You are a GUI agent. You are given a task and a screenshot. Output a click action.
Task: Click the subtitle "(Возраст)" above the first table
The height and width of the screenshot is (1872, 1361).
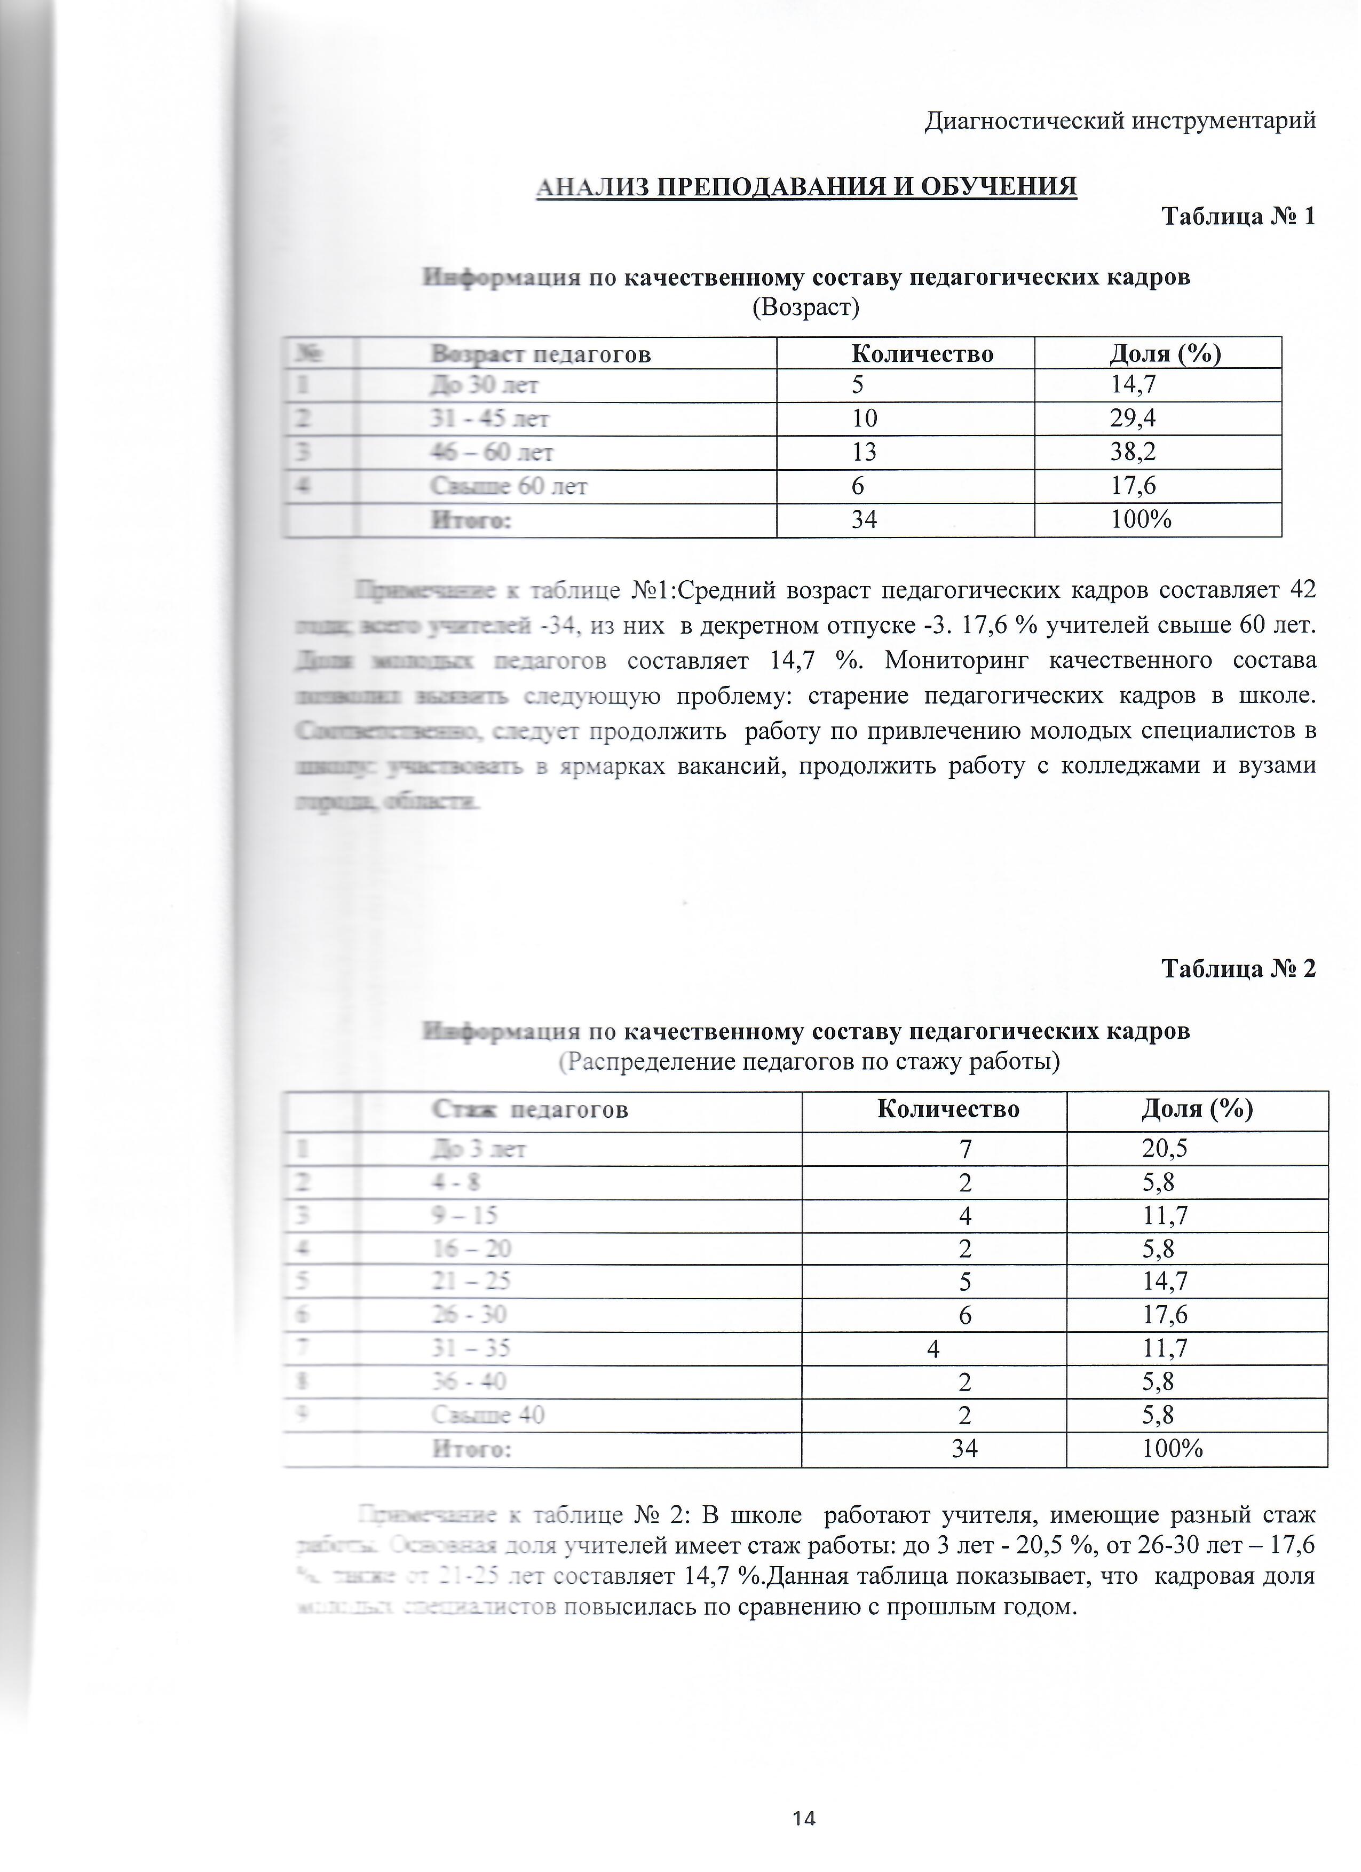805,308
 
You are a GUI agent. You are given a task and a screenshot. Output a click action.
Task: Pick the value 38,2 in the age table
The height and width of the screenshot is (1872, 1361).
1133,452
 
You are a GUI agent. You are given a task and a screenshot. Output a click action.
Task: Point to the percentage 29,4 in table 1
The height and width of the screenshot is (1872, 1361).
1133,418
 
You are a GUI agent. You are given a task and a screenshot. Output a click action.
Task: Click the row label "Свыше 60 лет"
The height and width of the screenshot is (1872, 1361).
509,487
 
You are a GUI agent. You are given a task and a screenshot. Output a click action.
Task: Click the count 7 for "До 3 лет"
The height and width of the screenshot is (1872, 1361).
965,1149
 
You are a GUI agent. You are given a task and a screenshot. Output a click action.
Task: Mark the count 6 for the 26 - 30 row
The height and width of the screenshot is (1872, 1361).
965,1315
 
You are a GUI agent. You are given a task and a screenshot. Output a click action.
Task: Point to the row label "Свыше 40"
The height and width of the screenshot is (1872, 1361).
488,1415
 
